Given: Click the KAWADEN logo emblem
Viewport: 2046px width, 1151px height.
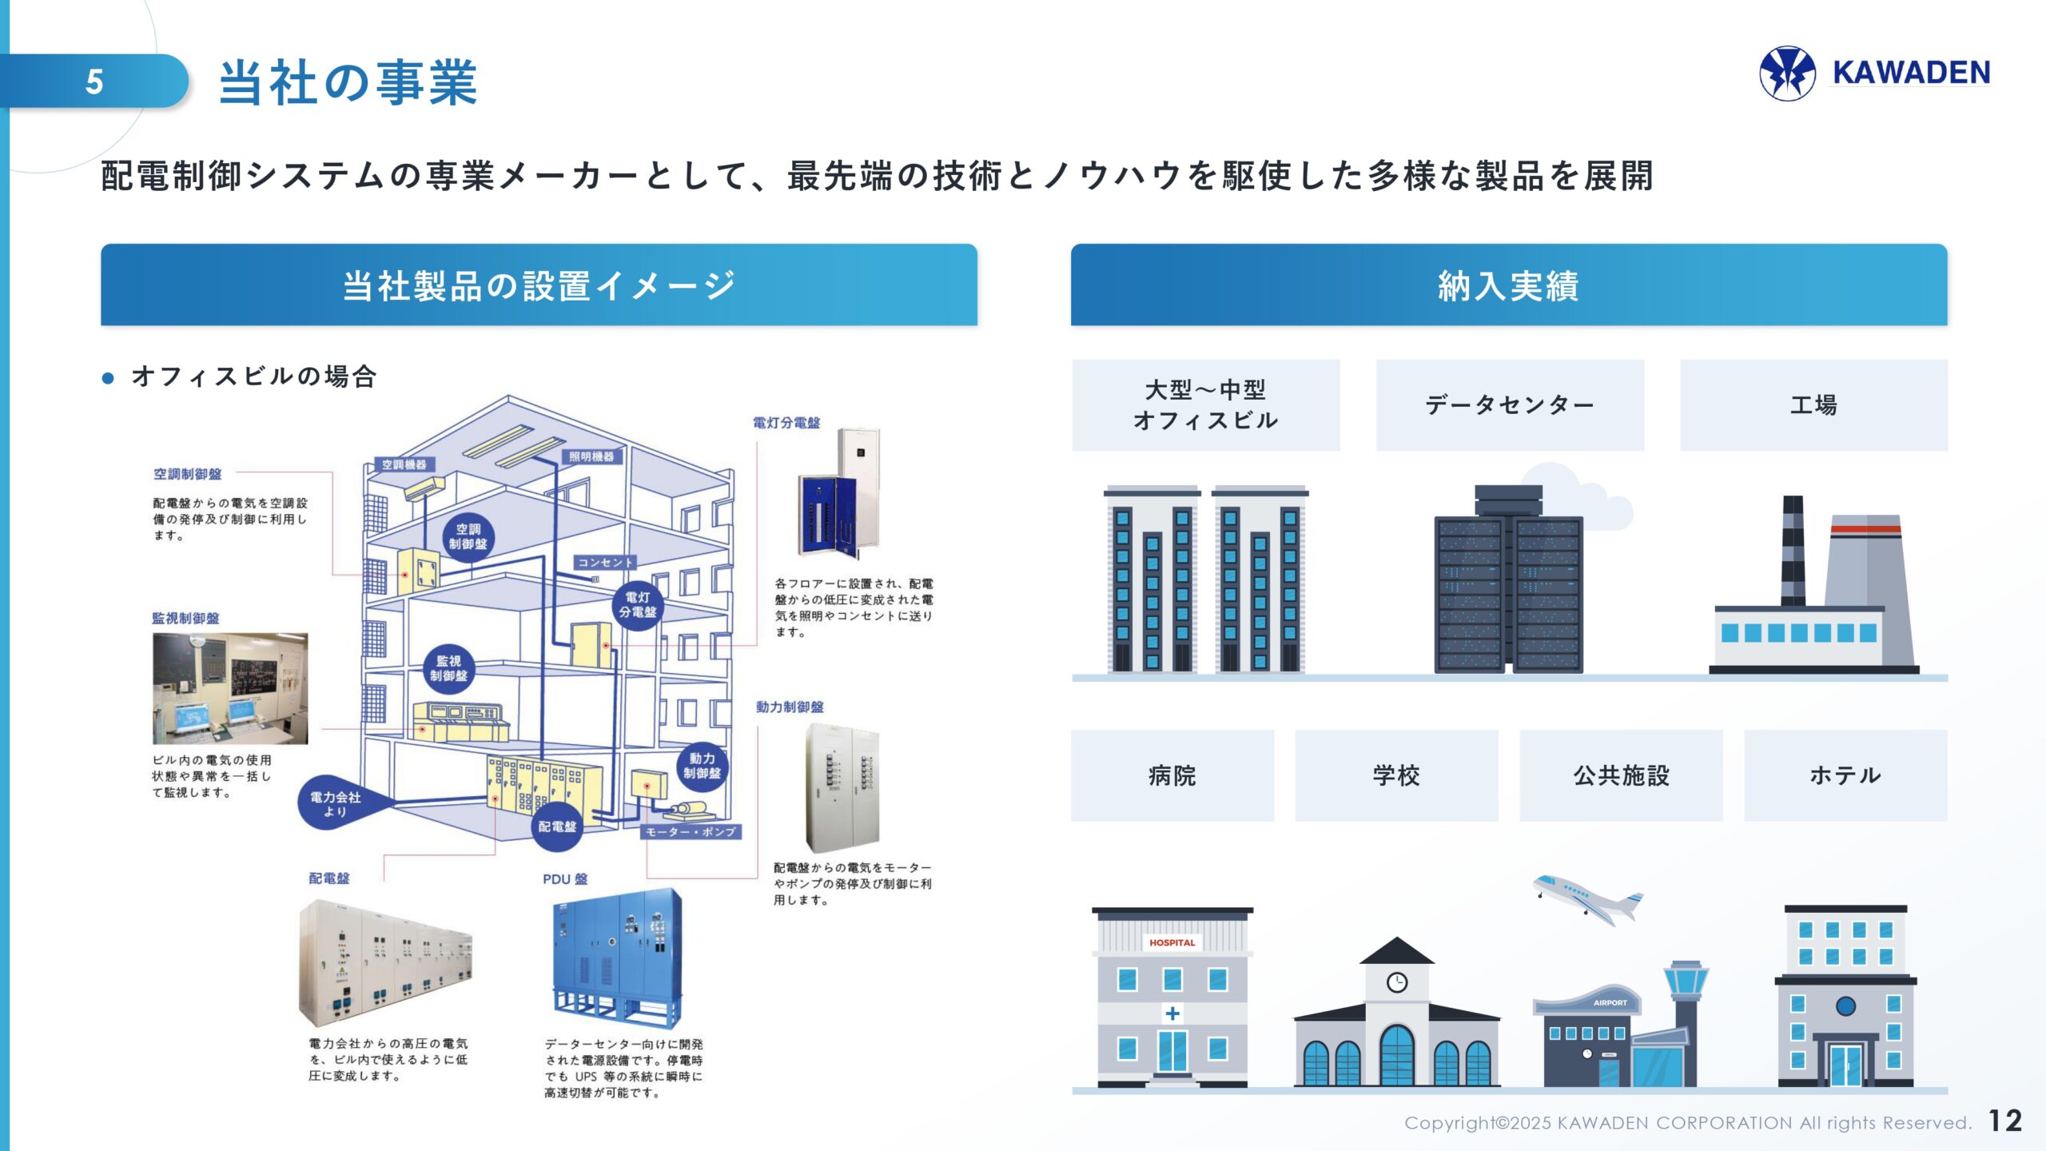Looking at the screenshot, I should [x=1787, y=74].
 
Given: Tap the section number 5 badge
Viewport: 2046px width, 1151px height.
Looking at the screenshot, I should [x=94, y=82].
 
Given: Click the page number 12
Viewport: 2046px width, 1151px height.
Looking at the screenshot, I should [x=2004, y=1121].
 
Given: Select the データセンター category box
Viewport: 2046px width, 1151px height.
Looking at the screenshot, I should [x=1510, y=405].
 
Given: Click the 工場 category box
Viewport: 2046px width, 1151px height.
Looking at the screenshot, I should [x=1813, y=405].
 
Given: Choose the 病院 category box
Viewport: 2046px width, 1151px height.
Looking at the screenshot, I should [x=1172, y=775].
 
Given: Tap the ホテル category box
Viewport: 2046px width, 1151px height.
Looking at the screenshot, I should [x=1845, y=775].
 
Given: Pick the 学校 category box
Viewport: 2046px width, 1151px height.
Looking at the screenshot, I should [x=1396, y=775].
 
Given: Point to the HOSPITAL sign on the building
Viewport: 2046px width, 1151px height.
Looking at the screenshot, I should [x=1172, y=943].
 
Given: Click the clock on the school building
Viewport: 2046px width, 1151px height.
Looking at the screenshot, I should [x=1396, y=982].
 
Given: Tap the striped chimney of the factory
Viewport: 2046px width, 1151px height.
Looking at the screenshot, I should [x=1793, y=552].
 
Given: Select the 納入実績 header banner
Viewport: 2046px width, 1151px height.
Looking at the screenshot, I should [x=1508, y=285].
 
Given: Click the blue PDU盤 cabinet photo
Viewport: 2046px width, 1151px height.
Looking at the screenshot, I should [x=616, y=957].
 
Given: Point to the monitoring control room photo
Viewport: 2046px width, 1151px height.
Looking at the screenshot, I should [x=229, y=688].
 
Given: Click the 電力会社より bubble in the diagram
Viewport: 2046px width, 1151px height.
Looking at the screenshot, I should [x=336, y=803].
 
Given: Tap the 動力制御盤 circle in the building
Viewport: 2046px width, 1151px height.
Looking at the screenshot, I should [x=702, y=766].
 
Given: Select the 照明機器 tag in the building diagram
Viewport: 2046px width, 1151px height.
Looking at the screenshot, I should [x=591, y=456].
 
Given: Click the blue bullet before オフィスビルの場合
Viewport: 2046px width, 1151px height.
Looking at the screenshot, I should [x=108, y=378].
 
